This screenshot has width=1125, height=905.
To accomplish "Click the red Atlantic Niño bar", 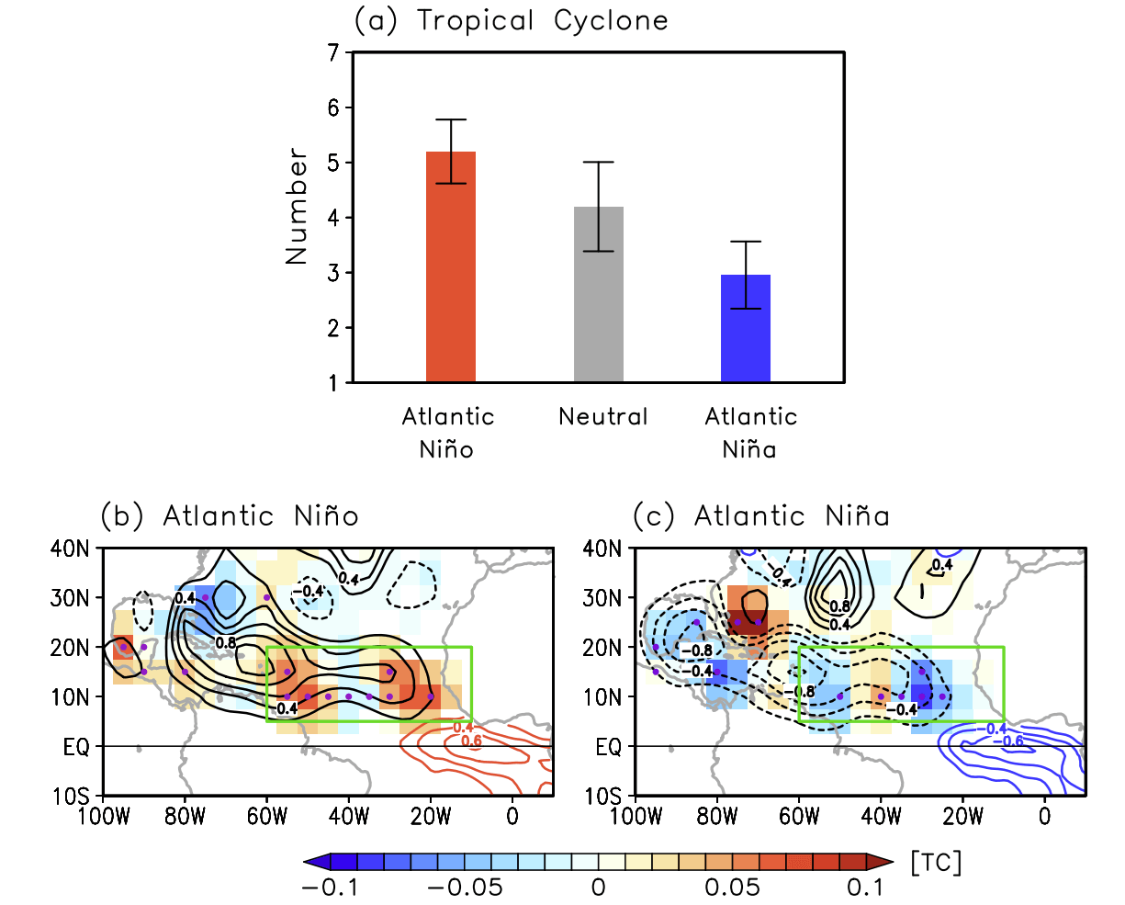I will click(x=451, y=266).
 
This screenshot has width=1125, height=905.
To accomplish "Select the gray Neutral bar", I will click(x=599, y=294).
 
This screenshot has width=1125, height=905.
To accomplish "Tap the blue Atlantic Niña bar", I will click(x=746, y=328).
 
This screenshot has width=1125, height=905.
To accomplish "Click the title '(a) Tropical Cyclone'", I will click(x=512, y=20).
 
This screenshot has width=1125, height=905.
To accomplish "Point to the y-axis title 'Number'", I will click(x=297, y=207).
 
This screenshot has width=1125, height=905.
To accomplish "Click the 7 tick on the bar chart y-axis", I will click(x=332, y=52).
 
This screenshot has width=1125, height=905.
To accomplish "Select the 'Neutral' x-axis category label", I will click(x=603, y=417).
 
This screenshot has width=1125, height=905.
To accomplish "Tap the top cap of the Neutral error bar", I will click(x=599, y=162).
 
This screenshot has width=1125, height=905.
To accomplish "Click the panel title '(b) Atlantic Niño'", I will click(x=230, y=516).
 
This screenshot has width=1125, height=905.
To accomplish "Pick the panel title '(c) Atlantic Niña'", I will click(x=761, y=516).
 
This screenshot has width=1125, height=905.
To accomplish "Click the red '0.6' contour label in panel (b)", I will click(x=470, y=741).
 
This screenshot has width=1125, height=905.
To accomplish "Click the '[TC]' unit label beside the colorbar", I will click(x=936, y=862).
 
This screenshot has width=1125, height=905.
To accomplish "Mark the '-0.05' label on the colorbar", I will click(x=466, y=888).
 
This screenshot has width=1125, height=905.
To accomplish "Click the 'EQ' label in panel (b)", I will click(x=77, y=747).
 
